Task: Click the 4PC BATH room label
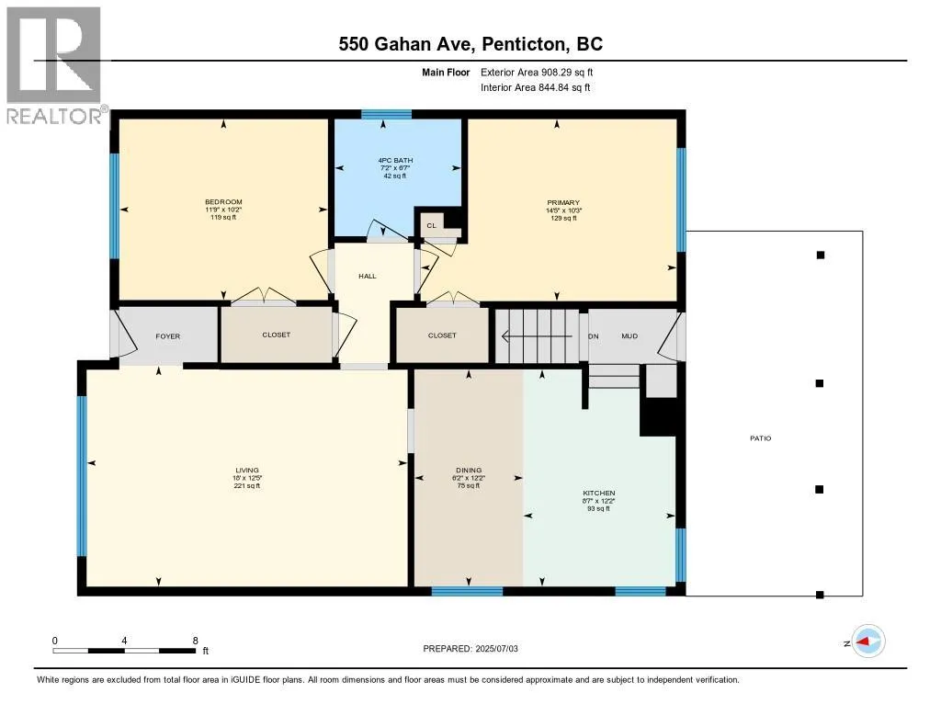pyautogui.click(x=395, y=160)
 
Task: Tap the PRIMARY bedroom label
pyautogui.click(x=563, y=202)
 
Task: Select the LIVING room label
pyautogui.click(x=246, y=470)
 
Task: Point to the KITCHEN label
pyautogui.click(x=598, y=493)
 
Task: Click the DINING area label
pyautogui.click(x=469, y=470)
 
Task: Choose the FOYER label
pyautogui.click(x=167, y=336)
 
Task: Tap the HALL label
pyautogui.click(x=368, y=276)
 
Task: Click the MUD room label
pyautogui.click(x=629, y=336)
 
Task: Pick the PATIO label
pyautogui.click(x=760, y=438)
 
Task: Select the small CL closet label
pyautogui.click(x=432, y=226)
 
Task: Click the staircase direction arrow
pyautogui.click(x=536, y=336)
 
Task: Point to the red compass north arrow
pyautogui.click(x=862, y=642)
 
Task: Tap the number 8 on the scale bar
pyautogui.click(x=195, y=641)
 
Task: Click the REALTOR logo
pyautogui.click(x=54, y=65)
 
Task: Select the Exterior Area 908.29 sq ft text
pyautogui.click(x=537, y=72)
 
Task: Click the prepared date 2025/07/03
pyautogui.click(x=496, y=648)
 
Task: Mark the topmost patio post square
pyautogui.click(x=821, y=256)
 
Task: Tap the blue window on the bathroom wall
pyautogui.click(x=386, y=114)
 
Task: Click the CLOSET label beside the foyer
pyautogui.click(x=276, y=335)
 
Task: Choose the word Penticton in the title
pyautogui.click(x=524, y=44)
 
